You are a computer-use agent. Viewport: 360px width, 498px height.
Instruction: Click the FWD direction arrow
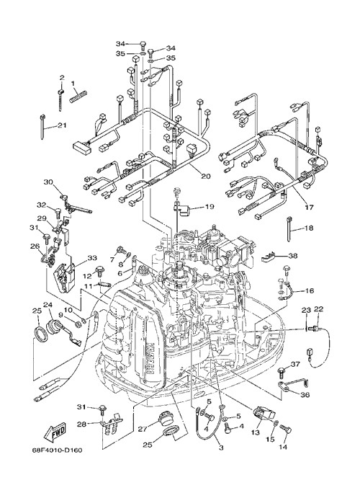[x=54, y=432]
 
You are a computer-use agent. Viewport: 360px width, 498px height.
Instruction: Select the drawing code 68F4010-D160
[x=55, y=450]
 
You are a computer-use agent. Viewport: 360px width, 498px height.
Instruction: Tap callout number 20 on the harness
[x=205, y=176]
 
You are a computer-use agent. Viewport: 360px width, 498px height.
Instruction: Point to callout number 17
[x=309, y=208]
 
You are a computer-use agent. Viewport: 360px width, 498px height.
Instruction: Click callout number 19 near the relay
[x=210, y=207]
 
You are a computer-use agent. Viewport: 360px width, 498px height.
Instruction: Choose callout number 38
[x=293, y=255]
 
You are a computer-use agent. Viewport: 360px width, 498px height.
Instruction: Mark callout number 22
[x=319, y=308]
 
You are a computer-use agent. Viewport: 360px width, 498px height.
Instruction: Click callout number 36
[x=305, y=395]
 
